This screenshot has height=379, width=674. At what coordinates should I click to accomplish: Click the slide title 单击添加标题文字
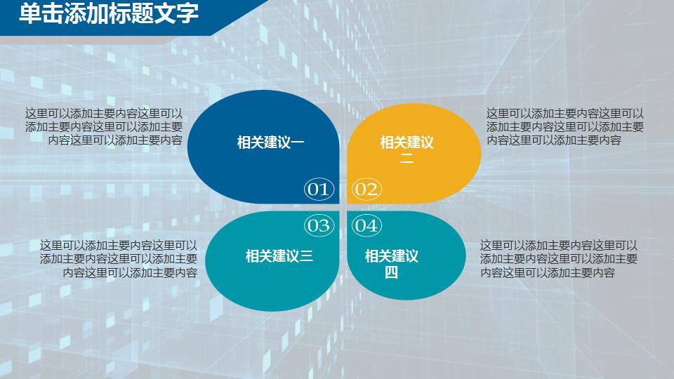coord(109,13)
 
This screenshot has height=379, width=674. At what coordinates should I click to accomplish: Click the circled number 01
coord(318,189)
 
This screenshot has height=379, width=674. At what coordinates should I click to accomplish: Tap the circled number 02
coord(366,189)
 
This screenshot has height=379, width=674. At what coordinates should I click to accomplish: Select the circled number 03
coord(318,225)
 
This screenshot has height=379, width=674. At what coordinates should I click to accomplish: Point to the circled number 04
coord(366,225)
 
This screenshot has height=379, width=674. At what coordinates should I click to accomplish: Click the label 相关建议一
coord(270,143)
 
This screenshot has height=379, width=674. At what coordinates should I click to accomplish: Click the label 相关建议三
coord(279,255)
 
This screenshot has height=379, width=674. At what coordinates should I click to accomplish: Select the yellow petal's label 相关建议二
coord(407,150)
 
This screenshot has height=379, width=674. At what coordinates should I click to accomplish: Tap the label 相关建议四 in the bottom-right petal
coord(391,263)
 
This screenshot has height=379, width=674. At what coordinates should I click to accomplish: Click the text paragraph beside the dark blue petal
coord(104,126)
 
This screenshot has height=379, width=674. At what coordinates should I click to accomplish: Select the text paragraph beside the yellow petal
coord(565,126)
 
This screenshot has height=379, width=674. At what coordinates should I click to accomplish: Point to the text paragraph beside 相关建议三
coord(119,259)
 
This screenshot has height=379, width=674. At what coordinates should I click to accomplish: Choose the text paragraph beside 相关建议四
coord(559,259)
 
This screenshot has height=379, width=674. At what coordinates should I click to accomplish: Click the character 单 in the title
coord(30,13)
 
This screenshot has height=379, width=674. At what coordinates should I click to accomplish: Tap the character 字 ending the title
coord(187,13)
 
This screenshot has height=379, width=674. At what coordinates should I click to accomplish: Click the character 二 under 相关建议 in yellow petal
coord(407,159)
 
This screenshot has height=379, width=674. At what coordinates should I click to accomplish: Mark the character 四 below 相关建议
coord(391,272)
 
